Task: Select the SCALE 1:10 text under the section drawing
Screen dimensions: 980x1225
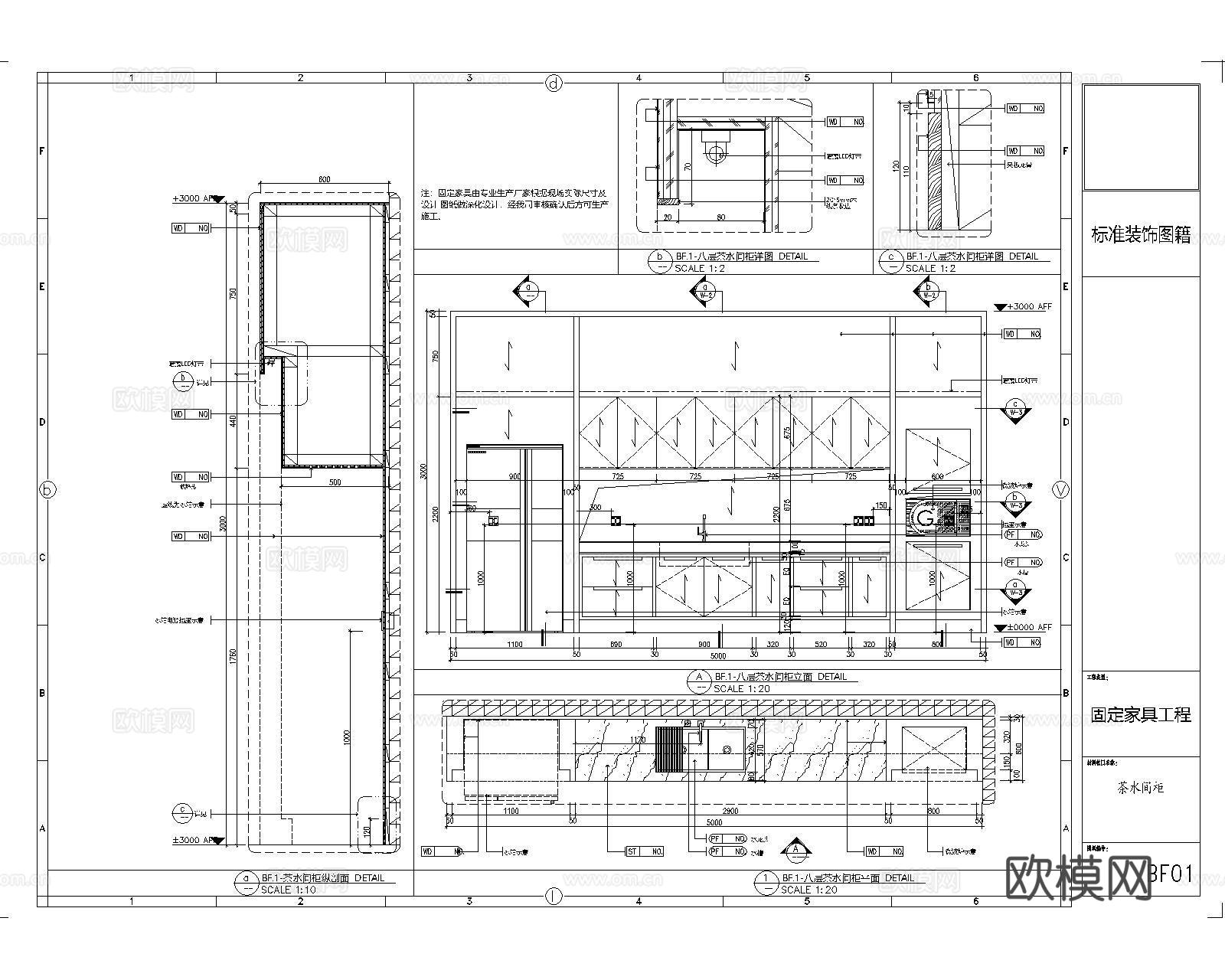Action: click(287, 890)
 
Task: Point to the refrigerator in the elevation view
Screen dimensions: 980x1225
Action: click(514, 536)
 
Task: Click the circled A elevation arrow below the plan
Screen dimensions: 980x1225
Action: click(796, 849)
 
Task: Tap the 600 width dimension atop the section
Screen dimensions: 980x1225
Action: click(324, 179)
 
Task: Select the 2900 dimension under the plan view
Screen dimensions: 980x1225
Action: click(730, 811)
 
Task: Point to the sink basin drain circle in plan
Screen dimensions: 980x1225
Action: click(727, 750)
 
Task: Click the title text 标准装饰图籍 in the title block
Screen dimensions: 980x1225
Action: click(1140, 236)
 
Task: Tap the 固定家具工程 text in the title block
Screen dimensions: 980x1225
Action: click(1140, 715)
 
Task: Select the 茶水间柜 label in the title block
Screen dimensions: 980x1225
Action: click(1140, 787)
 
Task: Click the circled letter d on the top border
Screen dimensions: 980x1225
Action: click(554, 84)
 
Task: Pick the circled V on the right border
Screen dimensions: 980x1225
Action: click(1060, 491)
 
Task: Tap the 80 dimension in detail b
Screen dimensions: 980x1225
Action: click(720, 217)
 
